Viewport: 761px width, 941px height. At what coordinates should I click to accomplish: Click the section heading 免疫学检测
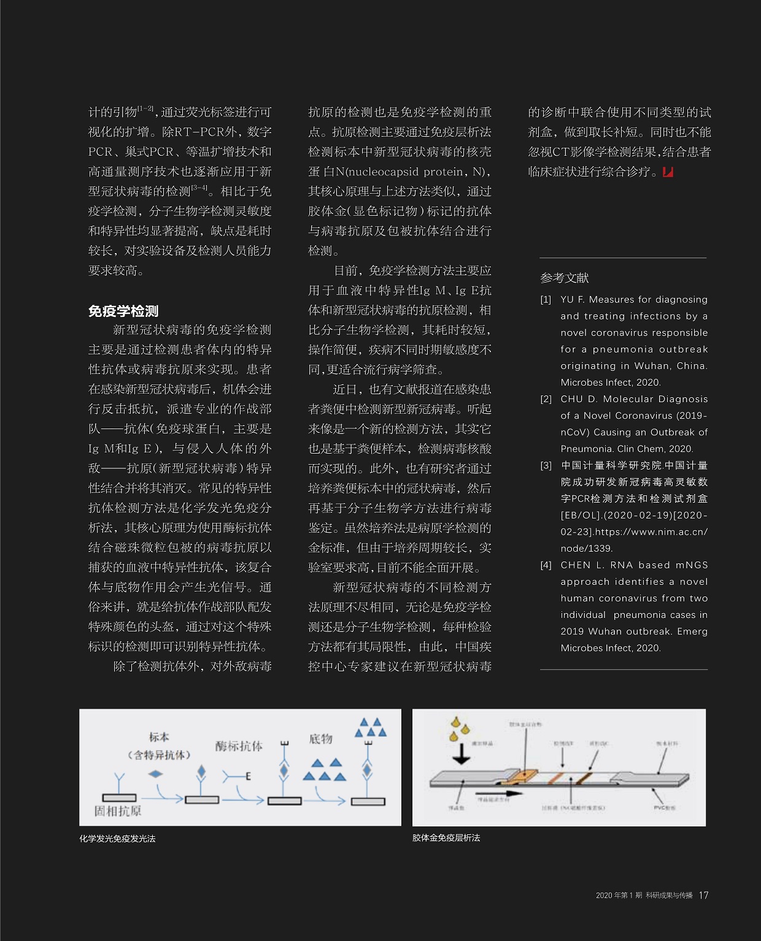pos(123,311)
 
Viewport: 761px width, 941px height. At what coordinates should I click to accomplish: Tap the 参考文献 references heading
pos(564,278)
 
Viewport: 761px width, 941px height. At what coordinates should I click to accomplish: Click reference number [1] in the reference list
pos(546,300)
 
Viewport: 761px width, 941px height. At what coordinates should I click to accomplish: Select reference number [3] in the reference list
pos(546,465)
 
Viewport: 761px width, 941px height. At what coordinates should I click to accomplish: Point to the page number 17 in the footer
pos(703,895)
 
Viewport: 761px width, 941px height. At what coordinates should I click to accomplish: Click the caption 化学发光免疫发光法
pos(117,838)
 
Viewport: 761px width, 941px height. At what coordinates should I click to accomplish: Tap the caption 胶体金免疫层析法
pos(446,837)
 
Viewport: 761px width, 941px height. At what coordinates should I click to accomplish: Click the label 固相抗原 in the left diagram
pos(117,811)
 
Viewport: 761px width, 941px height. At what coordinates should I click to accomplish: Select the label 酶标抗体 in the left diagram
pos(239,746)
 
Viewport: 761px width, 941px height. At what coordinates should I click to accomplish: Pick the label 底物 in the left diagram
pos(320,739)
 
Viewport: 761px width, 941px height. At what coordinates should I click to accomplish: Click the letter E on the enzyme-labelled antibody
pos(248,777)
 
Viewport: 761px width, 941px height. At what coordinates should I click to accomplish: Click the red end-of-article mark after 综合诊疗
pos(668,172)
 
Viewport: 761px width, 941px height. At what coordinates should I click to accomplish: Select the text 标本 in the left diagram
pos(159,737)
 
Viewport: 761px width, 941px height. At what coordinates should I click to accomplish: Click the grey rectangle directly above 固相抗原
pos(119,798)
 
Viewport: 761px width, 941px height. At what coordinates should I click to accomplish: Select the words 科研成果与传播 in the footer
pos(669,895)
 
